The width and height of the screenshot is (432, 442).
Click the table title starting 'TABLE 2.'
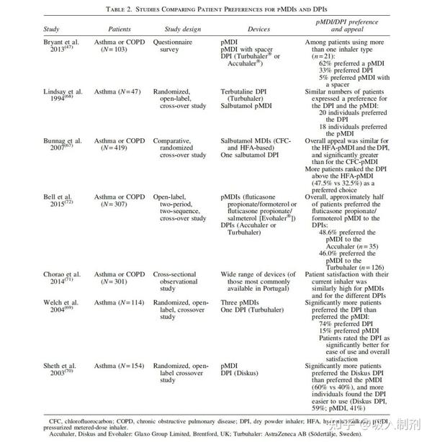(x=216, y=8)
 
